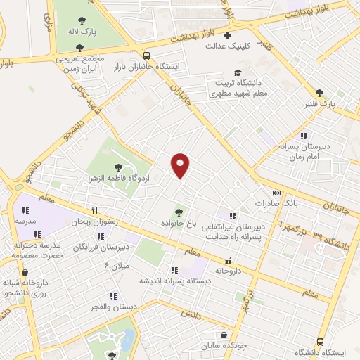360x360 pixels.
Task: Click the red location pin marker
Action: (181, 165)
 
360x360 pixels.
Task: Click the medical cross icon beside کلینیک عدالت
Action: (226, 35)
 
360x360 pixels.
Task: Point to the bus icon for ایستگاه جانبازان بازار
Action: (146, 56)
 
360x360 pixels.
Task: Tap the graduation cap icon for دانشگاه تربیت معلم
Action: (238, 73)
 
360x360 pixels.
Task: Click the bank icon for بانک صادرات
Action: (276, 193)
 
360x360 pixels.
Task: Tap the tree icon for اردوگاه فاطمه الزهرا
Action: (117, 167)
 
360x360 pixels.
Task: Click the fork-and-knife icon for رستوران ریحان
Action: (94, 210)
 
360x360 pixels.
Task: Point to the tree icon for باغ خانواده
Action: (179, 212)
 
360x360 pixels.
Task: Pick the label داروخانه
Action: (229, 269)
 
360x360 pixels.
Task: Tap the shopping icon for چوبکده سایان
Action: (224, 335)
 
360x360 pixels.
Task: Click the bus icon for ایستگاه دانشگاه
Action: (321, 342)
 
